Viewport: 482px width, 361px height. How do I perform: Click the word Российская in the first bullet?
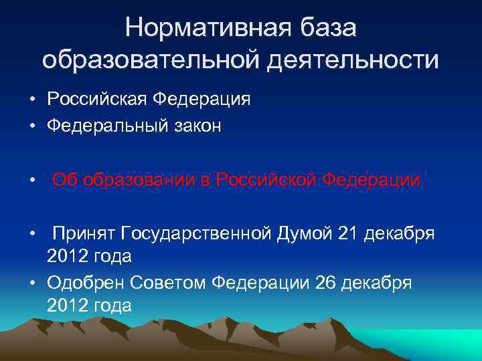[x=97, y=100]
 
